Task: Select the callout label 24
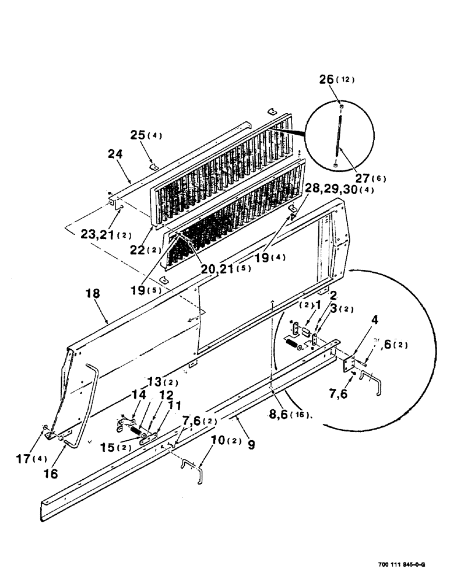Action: pos(115,155)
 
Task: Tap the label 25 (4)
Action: pos(146,135)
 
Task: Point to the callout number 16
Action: pos(52,473)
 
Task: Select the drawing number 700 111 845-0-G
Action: pos(400,564)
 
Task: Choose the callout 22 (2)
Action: pos(140,249)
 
